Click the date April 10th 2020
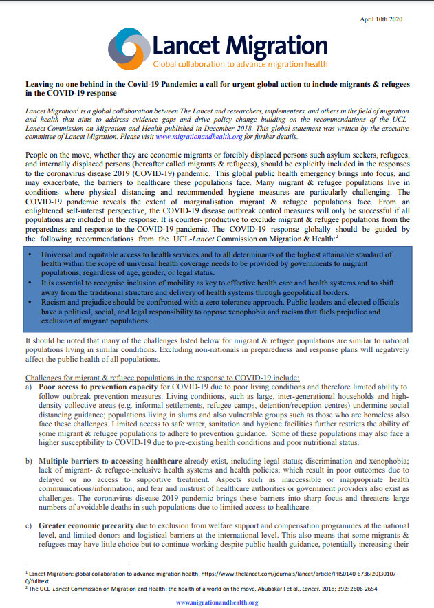pos(380,19)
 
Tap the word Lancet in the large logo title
pos(185,45)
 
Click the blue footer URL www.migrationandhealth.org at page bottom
pos(217,602)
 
